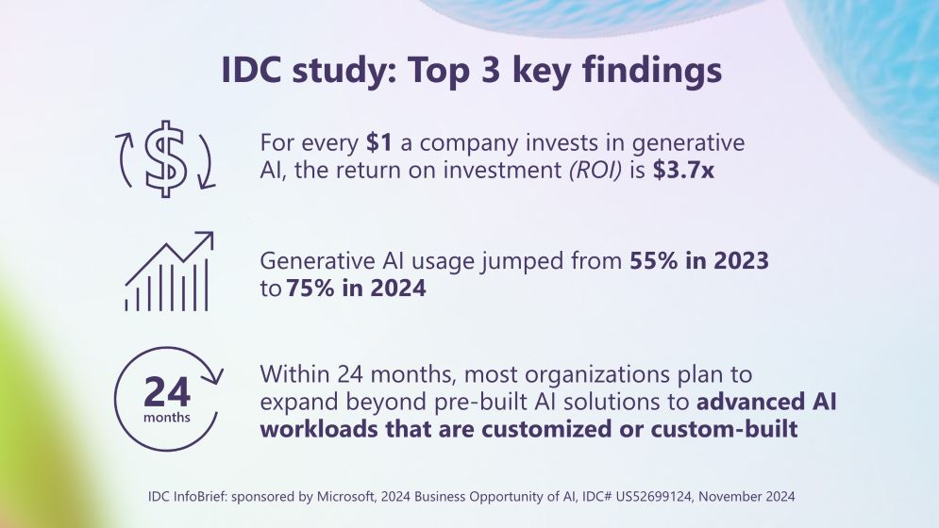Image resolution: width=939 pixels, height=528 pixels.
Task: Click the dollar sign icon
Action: pyautogui.click(x=166, y=158)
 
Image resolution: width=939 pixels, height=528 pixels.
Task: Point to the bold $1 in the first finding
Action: pyautogui.click(x=379, y=144)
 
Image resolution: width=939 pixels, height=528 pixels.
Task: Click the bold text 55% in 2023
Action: pyautogui.click(x=699, y=261)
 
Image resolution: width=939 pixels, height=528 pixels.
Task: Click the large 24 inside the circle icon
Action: pyautogui.click(x=167, y=390)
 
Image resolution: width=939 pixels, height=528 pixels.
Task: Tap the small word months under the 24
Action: pyautogui.click(x=167, y=416)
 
